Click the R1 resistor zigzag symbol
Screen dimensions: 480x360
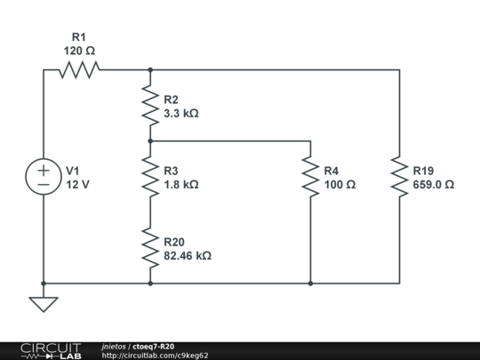79,70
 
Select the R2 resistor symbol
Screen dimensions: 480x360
150,106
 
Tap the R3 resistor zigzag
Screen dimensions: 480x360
150,177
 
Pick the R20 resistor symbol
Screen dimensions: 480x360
150,248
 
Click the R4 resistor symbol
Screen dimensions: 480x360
311,177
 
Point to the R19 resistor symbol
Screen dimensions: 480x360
399,177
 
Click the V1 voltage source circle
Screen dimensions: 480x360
44,177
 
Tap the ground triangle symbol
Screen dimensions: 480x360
44,305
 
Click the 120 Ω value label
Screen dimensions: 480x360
79,51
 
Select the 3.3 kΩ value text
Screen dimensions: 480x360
181,114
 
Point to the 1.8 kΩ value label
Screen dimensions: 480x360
181,185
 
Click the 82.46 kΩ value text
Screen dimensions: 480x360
188,256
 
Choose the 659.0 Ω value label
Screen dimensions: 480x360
434,185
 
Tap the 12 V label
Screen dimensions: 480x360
77,185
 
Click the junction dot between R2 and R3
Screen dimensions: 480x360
150,141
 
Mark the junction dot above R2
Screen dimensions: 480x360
150,70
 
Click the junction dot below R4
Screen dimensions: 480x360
311,284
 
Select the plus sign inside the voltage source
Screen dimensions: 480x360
44,171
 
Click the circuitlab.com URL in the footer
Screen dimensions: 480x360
156,356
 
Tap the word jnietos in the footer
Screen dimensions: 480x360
114,347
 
